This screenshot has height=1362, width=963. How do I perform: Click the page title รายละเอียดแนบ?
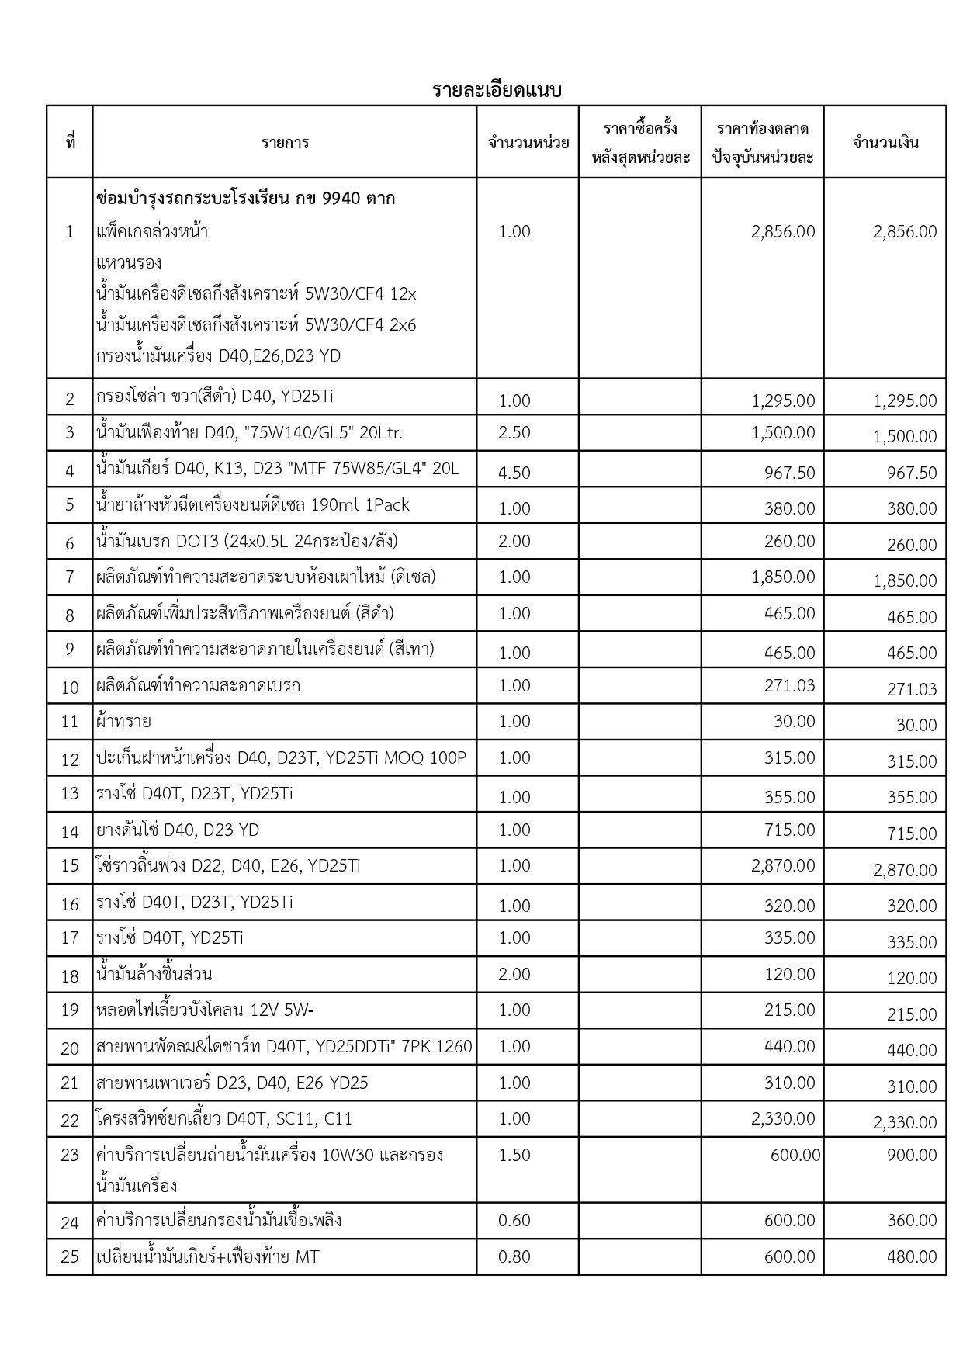coord(497,91)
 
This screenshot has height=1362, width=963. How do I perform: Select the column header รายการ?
coord(285,143)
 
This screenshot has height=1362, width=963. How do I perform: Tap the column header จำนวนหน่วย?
coord(528,143)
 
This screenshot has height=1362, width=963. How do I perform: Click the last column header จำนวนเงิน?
coord(885,143)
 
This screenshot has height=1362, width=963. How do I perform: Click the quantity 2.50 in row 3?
coord(514,432)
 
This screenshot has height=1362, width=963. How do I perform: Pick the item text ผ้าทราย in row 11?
coord(123,721)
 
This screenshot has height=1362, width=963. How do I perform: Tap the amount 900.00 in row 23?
coord(912,1155)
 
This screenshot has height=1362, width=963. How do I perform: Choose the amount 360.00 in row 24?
coord(912,1221)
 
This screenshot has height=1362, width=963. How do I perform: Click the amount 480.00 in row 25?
coord(912,1256)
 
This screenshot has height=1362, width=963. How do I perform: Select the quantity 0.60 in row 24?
coord(514,1221)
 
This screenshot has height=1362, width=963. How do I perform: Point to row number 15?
coord(70,866)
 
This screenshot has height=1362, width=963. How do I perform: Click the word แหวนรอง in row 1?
coord(129,262)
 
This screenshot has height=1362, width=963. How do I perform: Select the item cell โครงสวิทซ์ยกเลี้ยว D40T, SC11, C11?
coord(223,1119)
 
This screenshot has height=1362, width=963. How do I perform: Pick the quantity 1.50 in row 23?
coord(514,1155)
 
